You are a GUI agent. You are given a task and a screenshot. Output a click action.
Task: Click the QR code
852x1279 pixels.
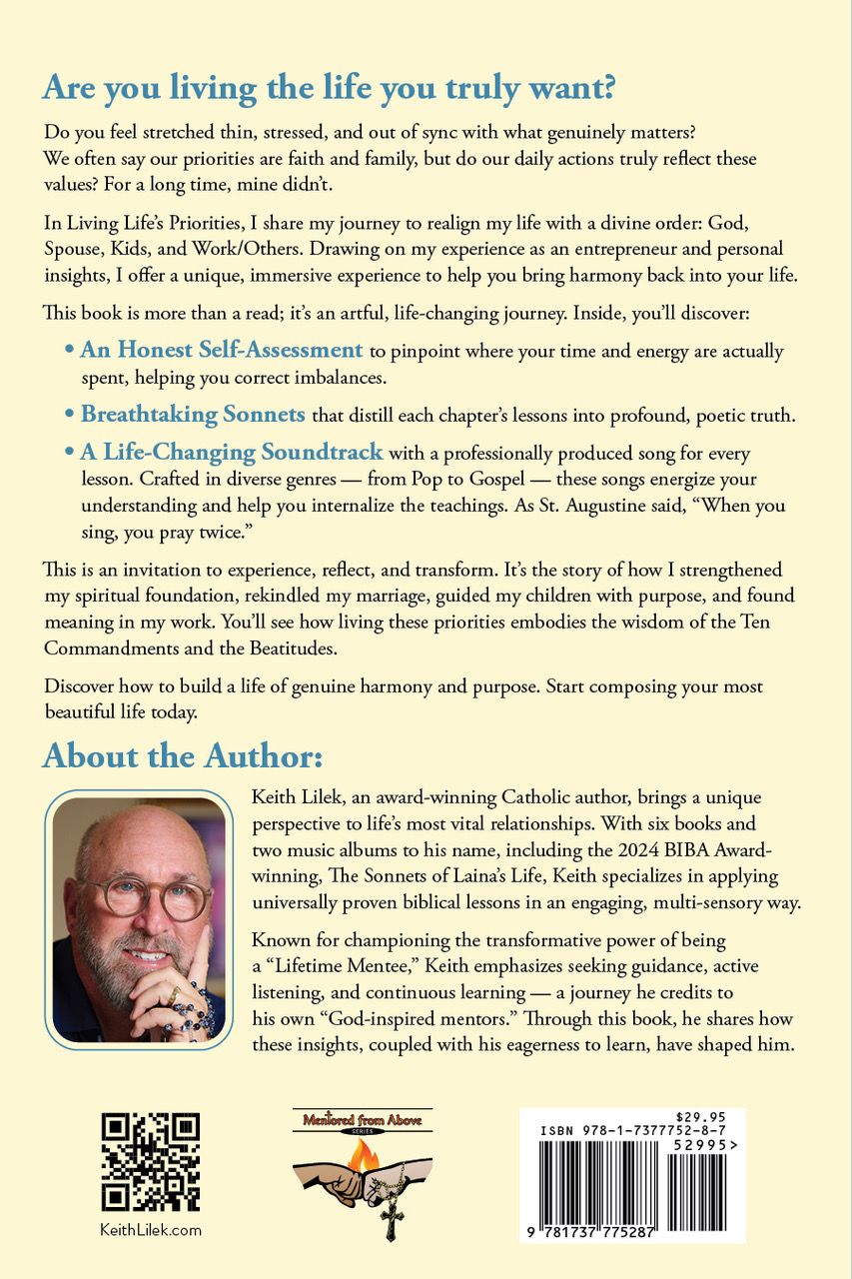pos(150,1161)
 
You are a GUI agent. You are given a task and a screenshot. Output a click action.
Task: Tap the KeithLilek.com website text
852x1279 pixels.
pos(151,1229)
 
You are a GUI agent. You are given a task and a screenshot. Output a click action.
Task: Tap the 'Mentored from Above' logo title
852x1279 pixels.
pos(363,1121)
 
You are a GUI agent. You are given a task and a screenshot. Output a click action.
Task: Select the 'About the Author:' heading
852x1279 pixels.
pos(182,755)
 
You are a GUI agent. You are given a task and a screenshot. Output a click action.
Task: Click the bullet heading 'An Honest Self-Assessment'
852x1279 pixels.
pos(221,350)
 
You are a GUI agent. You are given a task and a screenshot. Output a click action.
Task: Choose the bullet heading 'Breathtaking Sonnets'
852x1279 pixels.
pos(193,414)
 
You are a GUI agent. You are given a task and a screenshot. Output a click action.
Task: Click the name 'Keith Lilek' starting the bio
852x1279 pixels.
pos(296,798)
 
